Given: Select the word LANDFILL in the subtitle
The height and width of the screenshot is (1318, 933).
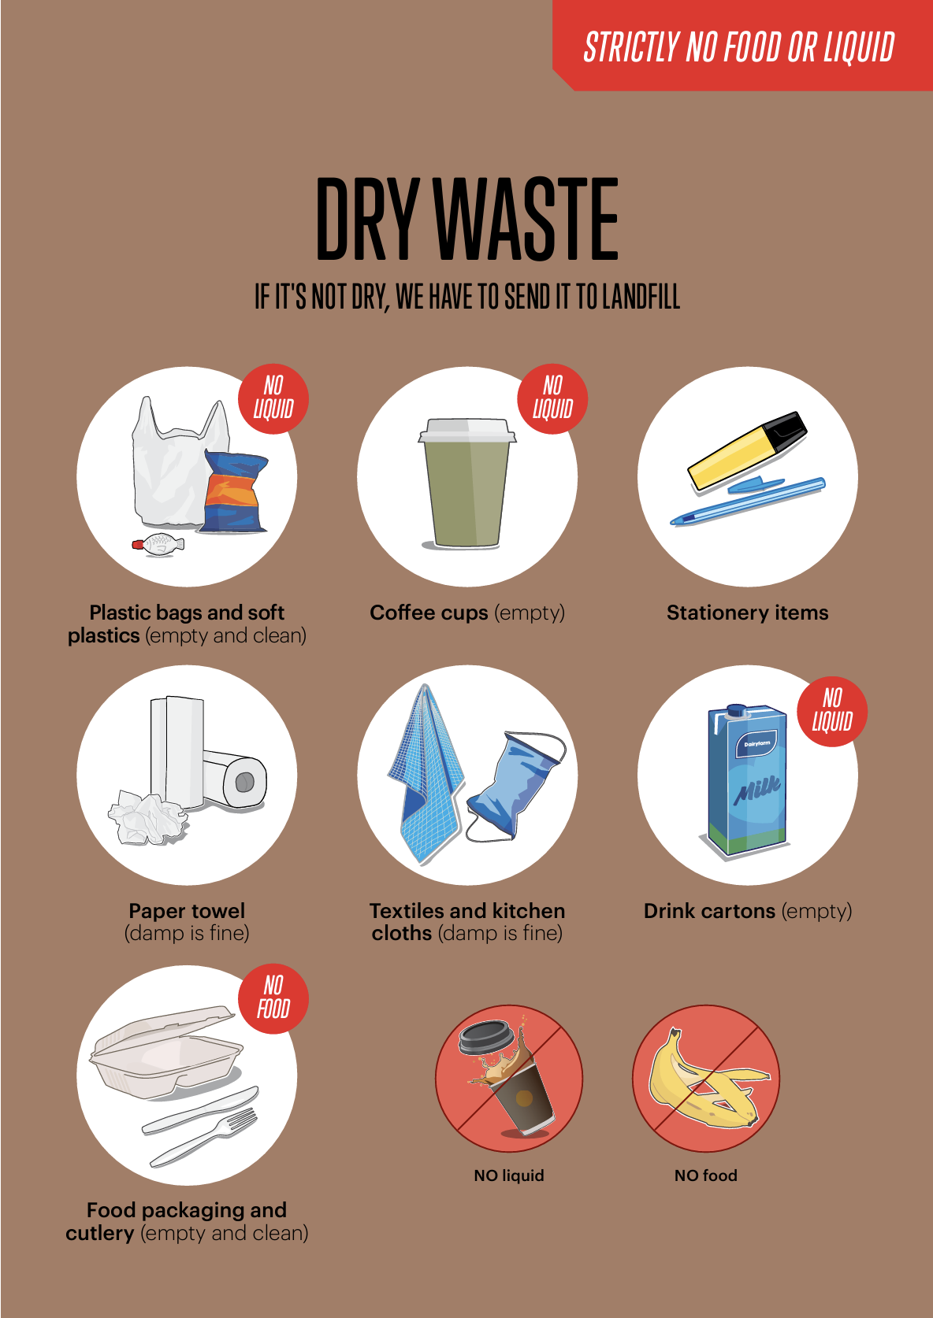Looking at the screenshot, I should [x=641, y=297].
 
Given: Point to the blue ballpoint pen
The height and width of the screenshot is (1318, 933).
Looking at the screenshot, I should [x=749, y=502].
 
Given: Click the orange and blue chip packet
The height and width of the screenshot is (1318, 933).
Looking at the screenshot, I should [x=235, y=492].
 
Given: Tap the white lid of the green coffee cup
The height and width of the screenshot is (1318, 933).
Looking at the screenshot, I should [x=467, y=430].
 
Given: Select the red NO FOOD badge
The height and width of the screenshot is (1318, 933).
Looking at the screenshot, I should [x=273, y=998].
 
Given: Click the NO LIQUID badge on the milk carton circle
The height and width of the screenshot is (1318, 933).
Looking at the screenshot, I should [x=832, y=711].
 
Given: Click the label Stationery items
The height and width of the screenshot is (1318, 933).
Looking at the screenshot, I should [x=747, y=613].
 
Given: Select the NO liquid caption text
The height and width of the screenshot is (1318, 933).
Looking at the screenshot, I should [x=509, y=1175].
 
